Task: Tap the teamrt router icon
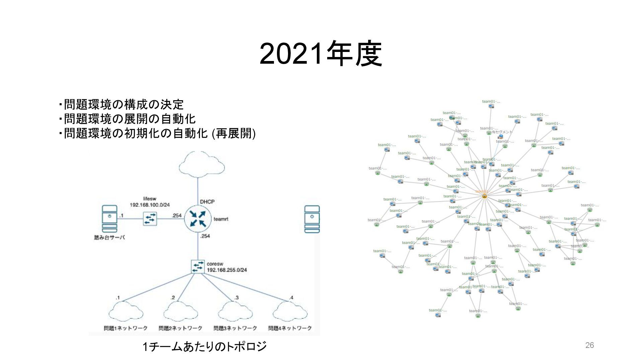(198, 219)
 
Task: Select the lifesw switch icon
(150, 219)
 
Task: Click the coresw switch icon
(198, 266)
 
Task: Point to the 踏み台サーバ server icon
(110, 219)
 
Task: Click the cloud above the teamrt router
(202, 164)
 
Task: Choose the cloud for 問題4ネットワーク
(290, 312)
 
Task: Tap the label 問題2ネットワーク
(181, 328)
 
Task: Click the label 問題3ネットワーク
(235, 328)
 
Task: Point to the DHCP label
(207, 202)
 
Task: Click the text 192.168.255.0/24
(227, 270)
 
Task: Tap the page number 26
(589, 345)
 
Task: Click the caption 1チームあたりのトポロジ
(205, 346)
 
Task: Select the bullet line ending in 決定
(121, 105)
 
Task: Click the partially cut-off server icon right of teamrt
(312, 219)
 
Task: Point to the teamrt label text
(221, 219)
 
